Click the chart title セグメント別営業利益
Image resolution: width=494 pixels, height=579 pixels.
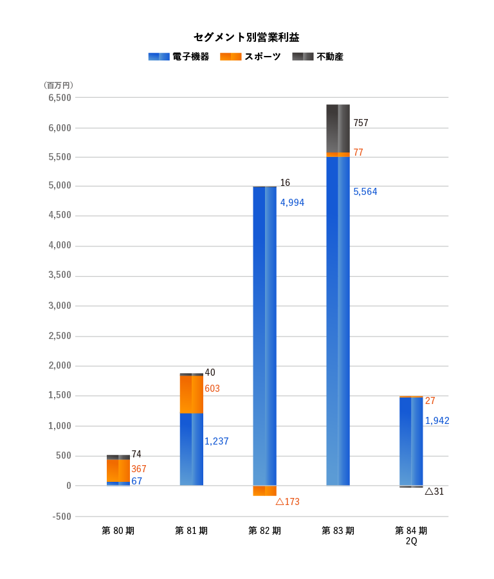point(246,37)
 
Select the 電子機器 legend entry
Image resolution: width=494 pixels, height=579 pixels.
point(178,57)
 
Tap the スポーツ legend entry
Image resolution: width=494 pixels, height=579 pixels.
point(250,57)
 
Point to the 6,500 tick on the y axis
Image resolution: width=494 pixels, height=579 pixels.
point(59,98)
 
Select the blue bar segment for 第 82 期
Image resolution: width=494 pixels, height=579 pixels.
point(264,335)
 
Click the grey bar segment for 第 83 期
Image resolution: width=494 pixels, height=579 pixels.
point(338,128)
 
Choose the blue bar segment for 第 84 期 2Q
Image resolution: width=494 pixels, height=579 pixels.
point(411,441)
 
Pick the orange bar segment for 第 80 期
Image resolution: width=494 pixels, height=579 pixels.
point(118,470)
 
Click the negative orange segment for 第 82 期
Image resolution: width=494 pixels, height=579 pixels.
point(264,491)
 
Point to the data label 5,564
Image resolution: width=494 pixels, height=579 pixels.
point(365,192)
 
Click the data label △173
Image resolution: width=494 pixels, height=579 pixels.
point(288,502)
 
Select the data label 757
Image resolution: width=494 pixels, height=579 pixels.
point(361,123)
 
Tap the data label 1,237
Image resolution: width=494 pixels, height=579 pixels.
point(216,441)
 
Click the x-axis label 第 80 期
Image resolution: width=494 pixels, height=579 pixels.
point(118,531)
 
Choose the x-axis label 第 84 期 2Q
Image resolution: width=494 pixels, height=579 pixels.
point(411,536)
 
